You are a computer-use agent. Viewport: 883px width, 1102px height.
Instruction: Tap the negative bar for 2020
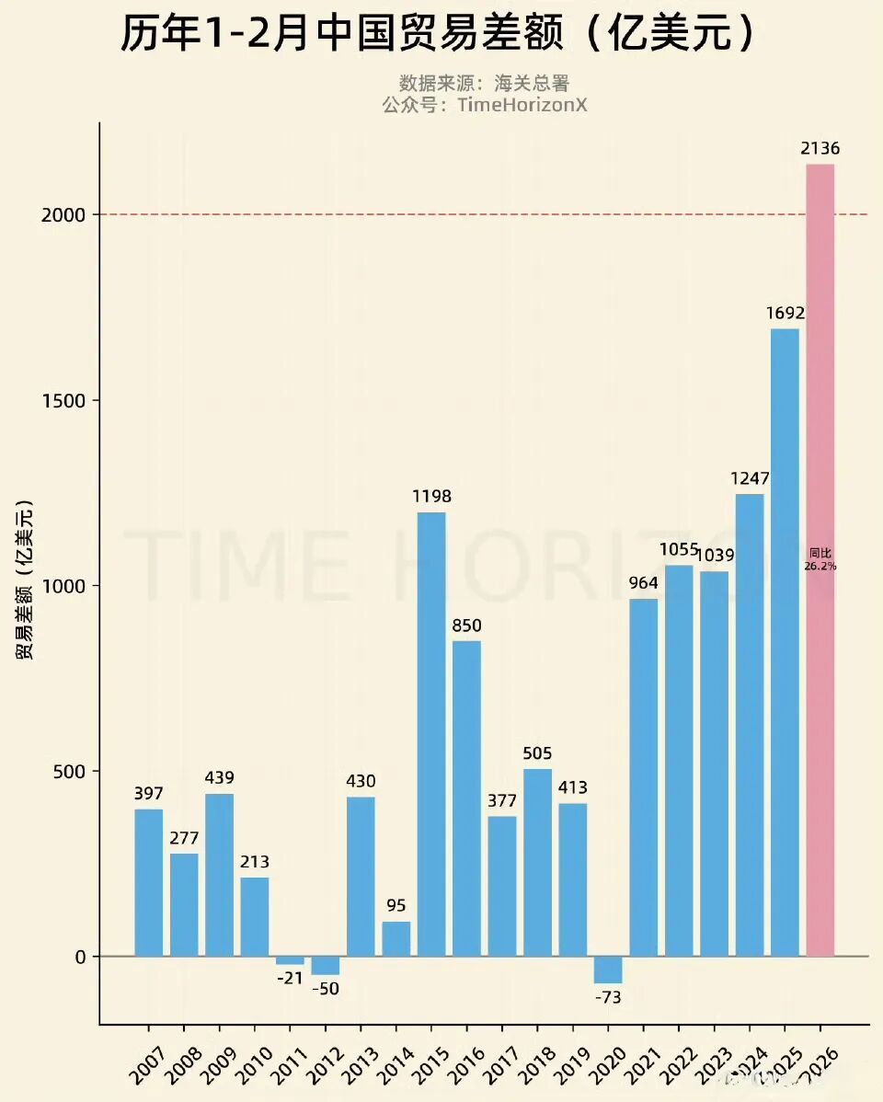pyautogui.click(x=608, y=970)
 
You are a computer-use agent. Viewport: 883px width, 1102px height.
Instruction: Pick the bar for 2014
pyautogui.click(x=396, y=938)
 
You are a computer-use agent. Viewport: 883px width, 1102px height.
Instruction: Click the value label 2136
pyautogui.click(x=820, y=149)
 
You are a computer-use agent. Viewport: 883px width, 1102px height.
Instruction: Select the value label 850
pyautogui.click(x=466, y=626)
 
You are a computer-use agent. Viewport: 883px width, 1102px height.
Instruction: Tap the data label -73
pyautogui.click(x=608, y=998)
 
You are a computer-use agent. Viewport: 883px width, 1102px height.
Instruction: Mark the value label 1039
pyautogui.click(x=715, y=556)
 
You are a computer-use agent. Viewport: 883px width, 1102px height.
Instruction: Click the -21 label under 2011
pyautogui.click(x=290, y=978)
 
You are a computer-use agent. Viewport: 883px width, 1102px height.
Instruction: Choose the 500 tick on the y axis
pyautogui.click(x=67, y=771)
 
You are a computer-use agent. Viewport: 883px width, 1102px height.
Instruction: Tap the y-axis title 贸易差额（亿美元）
pyautogui.click(x=25, y=580)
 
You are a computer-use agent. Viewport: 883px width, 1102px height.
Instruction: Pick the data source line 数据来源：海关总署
pyautogui.click(x=484, y=84)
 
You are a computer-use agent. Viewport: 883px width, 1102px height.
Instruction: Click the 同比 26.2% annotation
pyautogui.click(x=820, y=559)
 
